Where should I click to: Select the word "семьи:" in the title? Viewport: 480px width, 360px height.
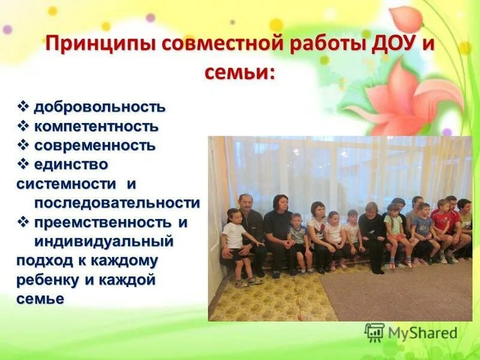point(240,73)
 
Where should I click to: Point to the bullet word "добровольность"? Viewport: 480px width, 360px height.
point(99,107)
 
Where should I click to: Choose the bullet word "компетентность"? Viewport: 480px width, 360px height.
point(97,127)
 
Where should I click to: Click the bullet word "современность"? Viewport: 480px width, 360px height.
point(95,146)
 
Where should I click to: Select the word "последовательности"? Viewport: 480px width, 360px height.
point(116,202)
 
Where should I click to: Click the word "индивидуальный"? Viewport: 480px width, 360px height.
point(104,241)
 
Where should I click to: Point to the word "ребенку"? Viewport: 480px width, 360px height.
point(48,279)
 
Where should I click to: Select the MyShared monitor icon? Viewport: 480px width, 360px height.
point(374,332)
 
